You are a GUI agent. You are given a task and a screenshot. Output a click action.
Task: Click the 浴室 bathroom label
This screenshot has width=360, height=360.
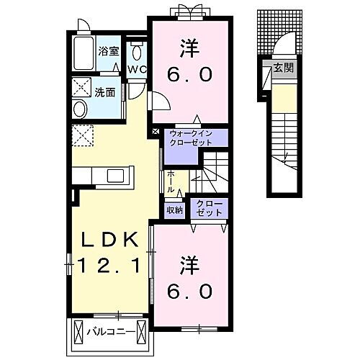pyautogui.click(x=108, y=52)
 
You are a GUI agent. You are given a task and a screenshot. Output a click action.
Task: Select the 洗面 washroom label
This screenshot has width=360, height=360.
pyautogui.click(x=105, y=92)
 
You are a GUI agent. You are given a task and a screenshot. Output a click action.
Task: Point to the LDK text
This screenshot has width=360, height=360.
pyautogui.click(x=110, y=240)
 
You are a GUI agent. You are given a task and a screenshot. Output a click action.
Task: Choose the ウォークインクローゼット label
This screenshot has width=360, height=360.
pyautogui.click(x=191, y=138)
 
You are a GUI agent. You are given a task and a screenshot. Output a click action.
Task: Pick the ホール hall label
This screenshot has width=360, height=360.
pyautogui.click(x=171, y=181)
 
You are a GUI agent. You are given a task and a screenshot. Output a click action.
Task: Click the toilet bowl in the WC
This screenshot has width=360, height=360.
pyautogui.click(x=137, y=53)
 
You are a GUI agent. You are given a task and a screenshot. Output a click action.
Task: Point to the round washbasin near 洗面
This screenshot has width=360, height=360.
pyautogui.click(x=81, y=109)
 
